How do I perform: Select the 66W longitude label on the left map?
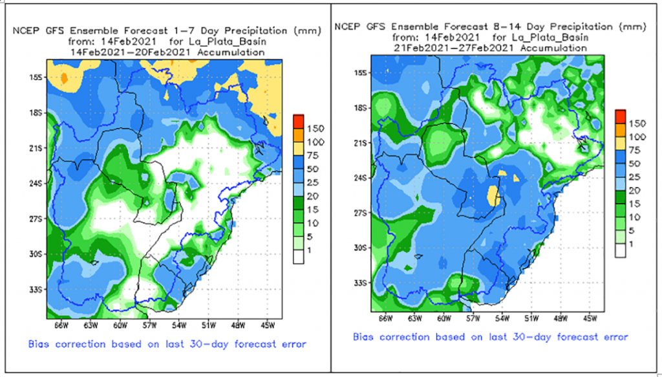61,324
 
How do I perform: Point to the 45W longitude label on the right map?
590,318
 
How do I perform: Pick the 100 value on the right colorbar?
637,136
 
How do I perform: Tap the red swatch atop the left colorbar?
298,121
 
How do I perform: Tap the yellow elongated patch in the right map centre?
495,195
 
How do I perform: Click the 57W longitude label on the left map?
151,324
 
